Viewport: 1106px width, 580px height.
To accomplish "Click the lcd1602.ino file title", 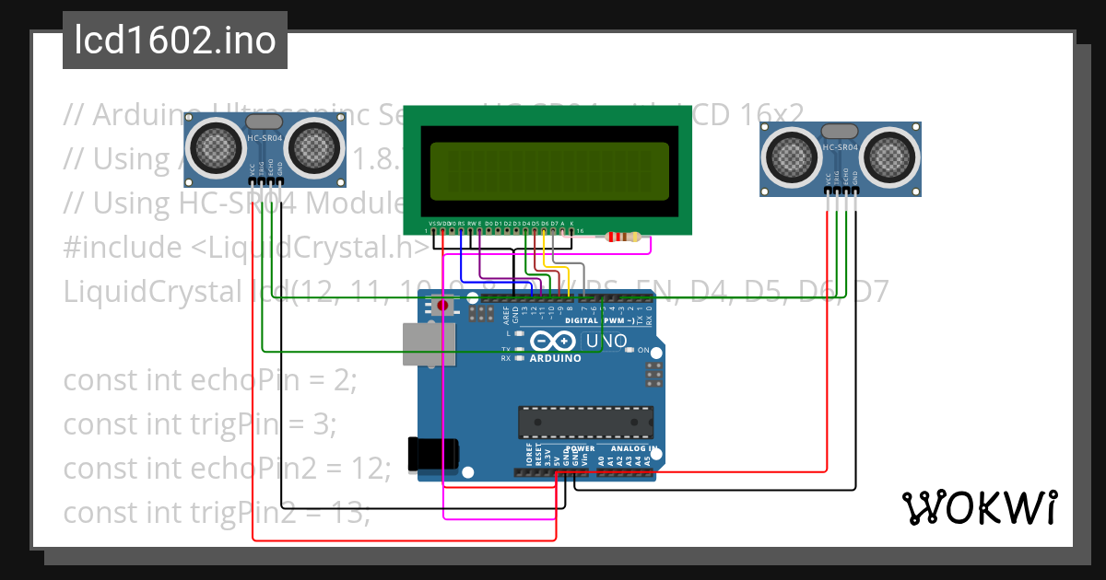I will pyautogui.click(x=175, y=41).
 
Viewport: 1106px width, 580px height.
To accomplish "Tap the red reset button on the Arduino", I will pyautogui.click(x=443, y=305).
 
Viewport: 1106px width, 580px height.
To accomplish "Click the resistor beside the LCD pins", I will pyautogui.click(x=623, y=238).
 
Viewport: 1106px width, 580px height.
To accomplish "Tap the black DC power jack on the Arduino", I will pyautogui.click(x=433, y=454).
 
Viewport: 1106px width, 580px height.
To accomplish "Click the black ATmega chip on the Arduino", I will pyautogui.click(x=585, y=422).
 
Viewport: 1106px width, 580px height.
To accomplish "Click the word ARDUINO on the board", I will pyautogui.click(x=556, y=358).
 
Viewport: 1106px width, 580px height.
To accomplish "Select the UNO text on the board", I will pyautogui.click(x=607, y=341).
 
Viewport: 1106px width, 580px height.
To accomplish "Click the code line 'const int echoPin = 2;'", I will pyautogui.click(x=209, y=379).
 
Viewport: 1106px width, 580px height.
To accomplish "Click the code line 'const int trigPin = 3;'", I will pyautogui.click(x=199, y=423).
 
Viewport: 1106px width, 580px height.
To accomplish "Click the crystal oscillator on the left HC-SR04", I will pyautogui.click(x=265, y=121).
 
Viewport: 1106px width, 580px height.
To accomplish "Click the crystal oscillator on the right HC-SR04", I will pyautogui.click(x=840, y=131).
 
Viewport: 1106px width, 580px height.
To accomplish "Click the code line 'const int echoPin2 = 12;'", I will pyautogui.click(x=226, y=468).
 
